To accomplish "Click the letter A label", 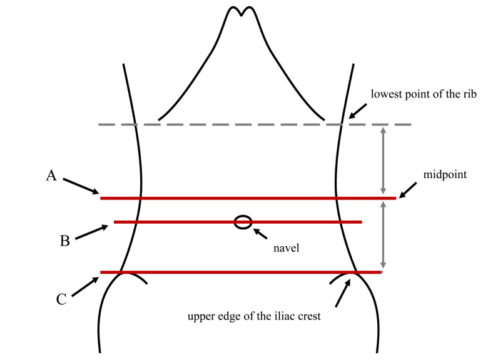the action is pyautogui.click(x=51, y=176).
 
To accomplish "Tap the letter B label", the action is pyautogui.click(x=64, y=241).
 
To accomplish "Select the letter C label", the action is pyautogui.click(x=61, y=299).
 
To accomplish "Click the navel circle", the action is pyautogui.click(x=243, y=222).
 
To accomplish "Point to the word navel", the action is pyautogui.click(x=287, y=248).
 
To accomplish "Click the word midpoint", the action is pyautogui.click(x=445, y=175).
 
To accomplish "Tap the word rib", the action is pyautogui.click(x=469, y=94).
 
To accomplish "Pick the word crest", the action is pyautogui.click(x=309, y=316).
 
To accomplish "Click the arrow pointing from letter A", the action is pyautogui.click(x=81, y=186).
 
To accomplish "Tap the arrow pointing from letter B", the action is pyautogui.click(x=92, y=232).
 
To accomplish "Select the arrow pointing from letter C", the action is pyautogui.click(x=85, y=287).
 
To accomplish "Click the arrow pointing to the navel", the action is pyautogui.click(x=260, y=234).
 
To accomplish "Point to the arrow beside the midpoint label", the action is pyautogui.click(x=408, y=190).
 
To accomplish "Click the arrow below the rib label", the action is pyautogui.click(x=357, y=111).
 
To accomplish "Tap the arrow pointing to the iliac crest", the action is pyautogui.click(x=343, y=293).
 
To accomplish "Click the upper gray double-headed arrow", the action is pyautogui.click(x=384, y=161).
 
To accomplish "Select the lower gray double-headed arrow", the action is pyautogui.click(x=384, y=235).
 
